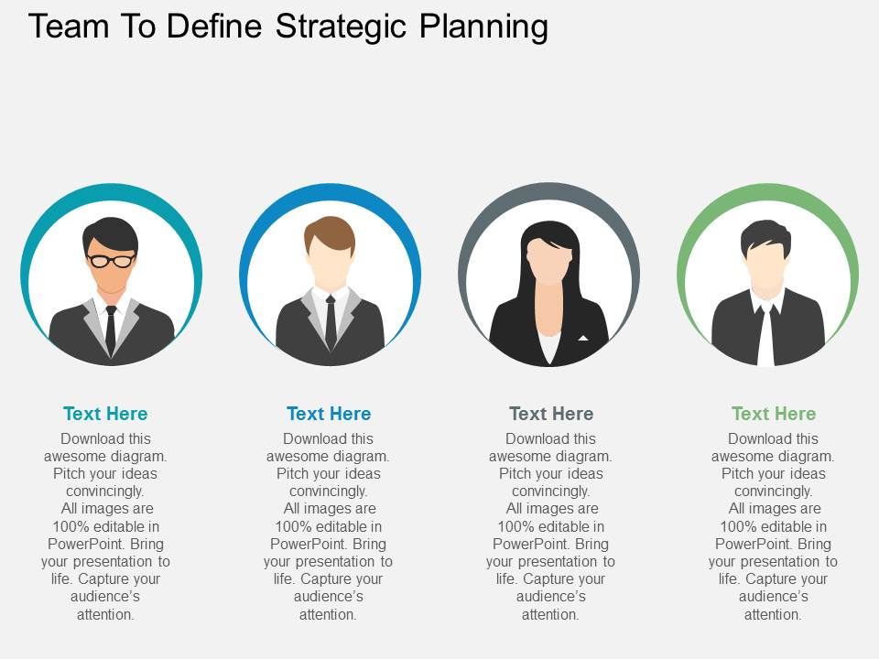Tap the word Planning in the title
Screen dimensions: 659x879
(x=483, y=27)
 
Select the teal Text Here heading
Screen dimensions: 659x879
(x=105, y=414)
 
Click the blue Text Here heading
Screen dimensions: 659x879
(x=329, y=414)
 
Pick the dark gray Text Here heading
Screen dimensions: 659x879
(x=551, y=414)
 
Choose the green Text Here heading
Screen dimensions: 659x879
(x=774, y=414)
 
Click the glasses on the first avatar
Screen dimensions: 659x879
(x=111, y=260)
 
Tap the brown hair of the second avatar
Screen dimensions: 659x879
(x=330, y=233)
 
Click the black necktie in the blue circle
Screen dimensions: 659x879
(x=331, y=322)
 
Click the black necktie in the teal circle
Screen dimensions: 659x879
(x=111, y=329)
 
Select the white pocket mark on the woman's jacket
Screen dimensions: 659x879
(x=583, y=338)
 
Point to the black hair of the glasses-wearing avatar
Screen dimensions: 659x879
(x=110, y=233)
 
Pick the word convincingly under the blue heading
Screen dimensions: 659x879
(x=328, y=491)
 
